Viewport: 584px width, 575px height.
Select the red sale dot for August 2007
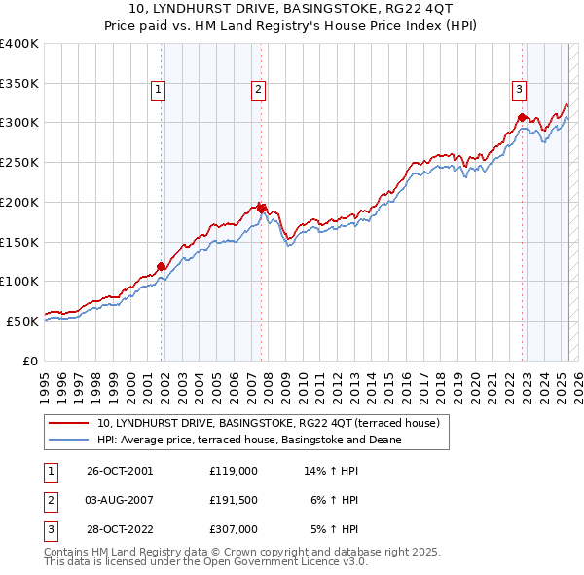tap(262, 209)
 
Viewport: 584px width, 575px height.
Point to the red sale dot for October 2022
tap(523, 118)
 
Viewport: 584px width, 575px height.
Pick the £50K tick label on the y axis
tap(22, 321)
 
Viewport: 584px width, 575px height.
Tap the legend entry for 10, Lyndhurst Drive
tap(269, 423)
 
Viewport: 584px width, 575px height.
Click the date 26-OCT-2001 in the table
tap(120, 470)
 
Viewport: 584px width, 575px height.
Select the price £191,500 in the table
tap(234, 500)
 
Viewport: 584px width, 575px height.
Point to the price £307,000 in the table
tap(234, 530)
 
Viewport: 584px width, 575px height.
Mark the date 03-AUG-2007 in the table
tap(120, 500)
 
